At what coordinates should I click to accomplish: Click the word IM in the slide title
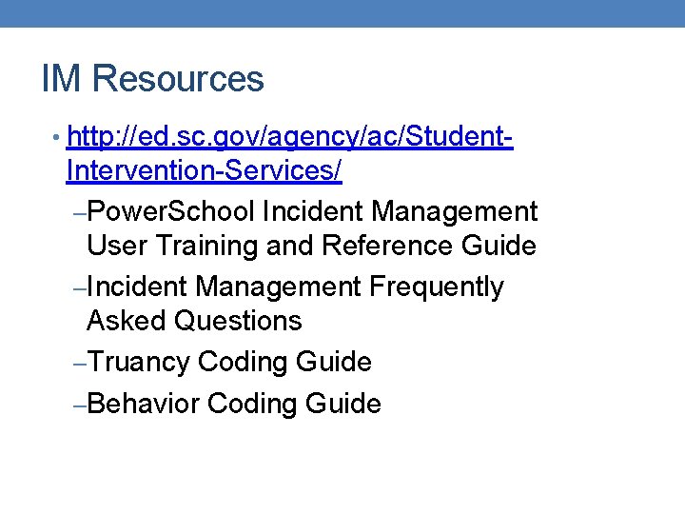pyautogui.click(x=60, y=79)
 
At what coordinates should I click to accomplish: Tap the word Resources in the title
pyautogui.click(x=180, y=79)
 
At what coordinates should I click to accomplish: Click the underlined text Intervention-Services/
pyautogui.click(x=205, y=172)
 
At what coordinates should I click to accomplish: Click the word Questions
pyautogui.click(x=238, y=321)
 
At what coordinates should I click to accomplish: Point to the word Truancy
pyautogui.click(x=142, y=363)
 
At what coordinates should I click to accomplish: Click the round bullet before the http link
pyautogui.click(x=59, y=139)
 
